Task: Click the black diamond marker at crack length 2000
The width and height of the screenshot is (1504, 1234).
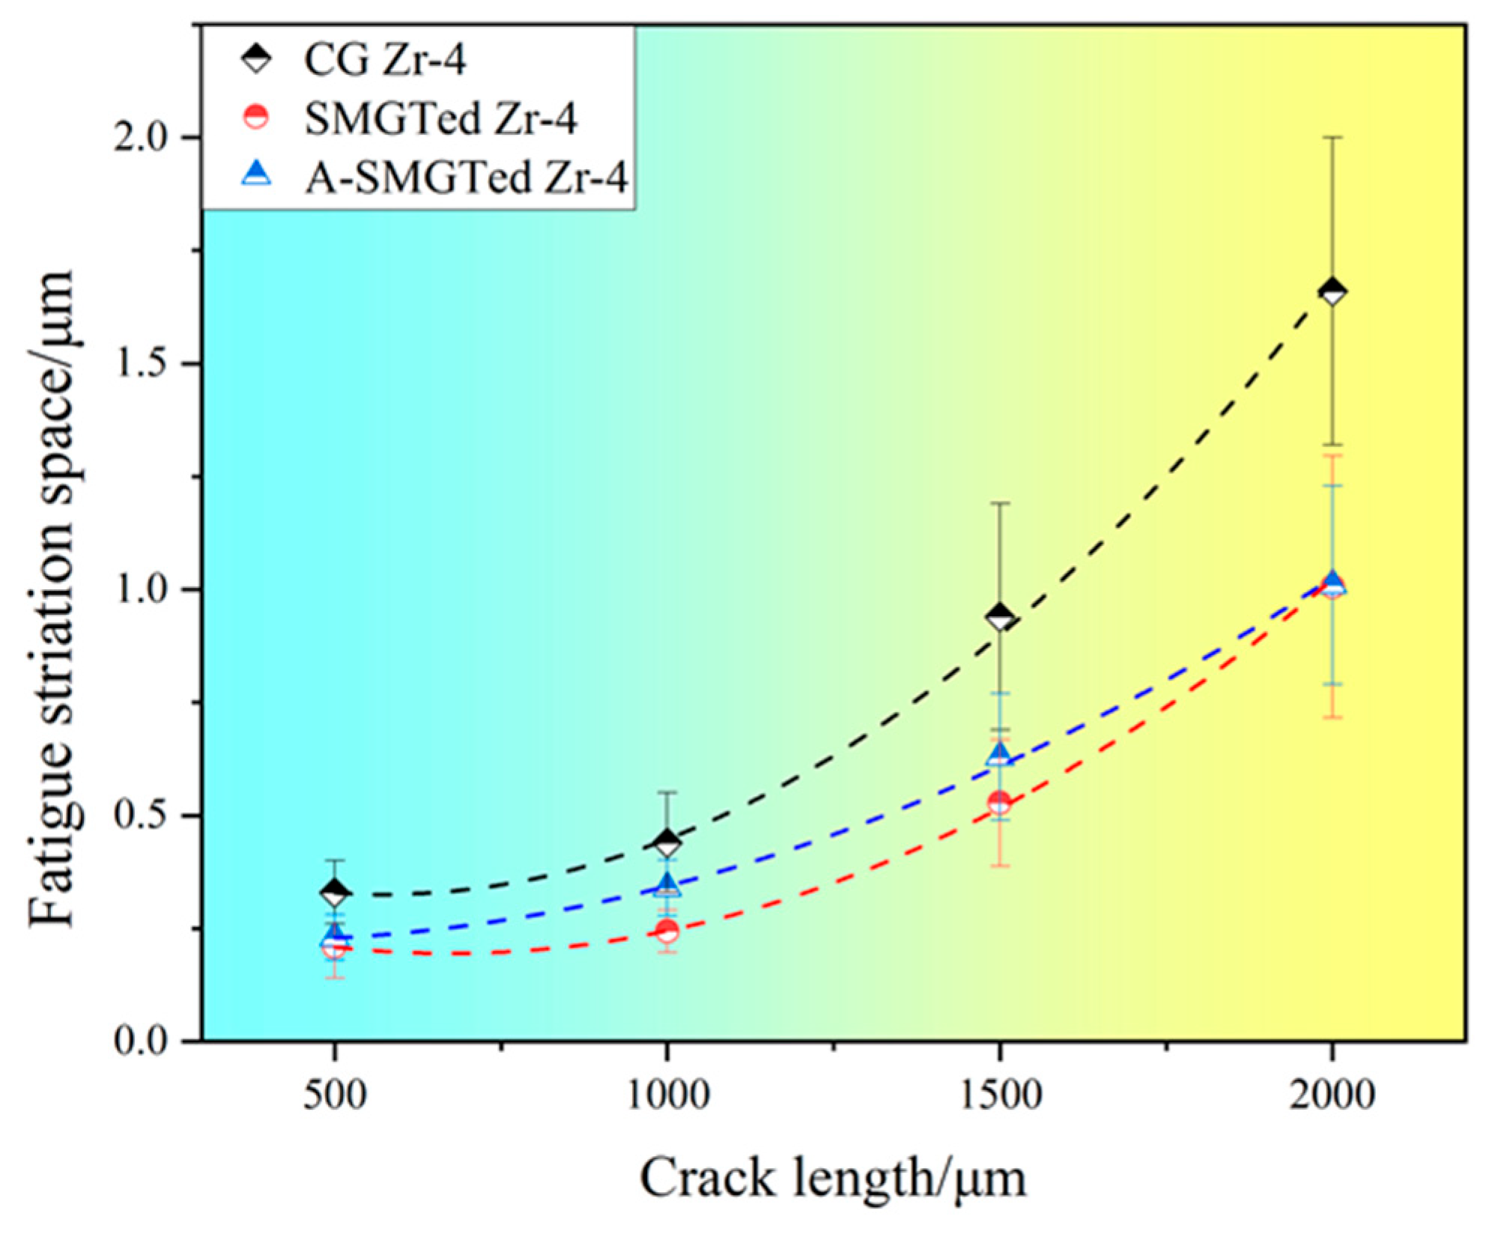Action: pos(1332,291)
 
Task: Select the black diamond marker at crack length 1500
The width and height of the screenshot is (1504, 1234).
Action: pos(999,618)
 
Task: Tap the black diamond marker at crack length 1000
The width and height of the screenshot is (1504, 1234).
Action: pos(667,843)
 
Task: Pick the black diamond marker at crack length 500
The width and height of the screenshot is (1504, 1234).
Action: pos(334,892)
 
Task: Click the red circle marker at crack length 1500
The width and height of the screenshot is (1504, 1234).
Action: pos(999,803)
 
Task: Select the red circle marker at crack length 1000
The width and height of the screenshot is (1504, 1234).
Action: pos(667,931)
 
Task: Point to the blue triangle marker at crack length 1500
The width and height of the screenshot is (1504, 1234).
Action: pos(999,753)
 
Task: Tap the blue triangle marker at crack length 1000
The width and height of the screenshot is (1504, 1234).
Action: pos(667,885)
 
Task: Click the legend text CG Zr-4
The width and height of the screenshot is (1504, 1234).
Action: pos(384,60)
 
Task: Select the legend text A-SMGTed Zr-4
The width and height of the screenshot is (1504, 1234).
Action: pos(465,179)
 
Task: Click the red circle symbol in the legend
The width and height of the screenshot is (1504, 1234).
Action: pos(257,118)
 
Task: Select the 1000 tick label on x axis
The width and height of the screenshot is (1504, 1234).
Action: pos(667,1095)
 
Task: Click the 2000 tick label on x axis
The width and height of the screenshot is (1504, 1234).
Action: pos(1332,1095)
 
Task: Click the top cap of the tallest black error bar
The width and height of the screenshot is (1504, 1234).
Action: pos(1332,137)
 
